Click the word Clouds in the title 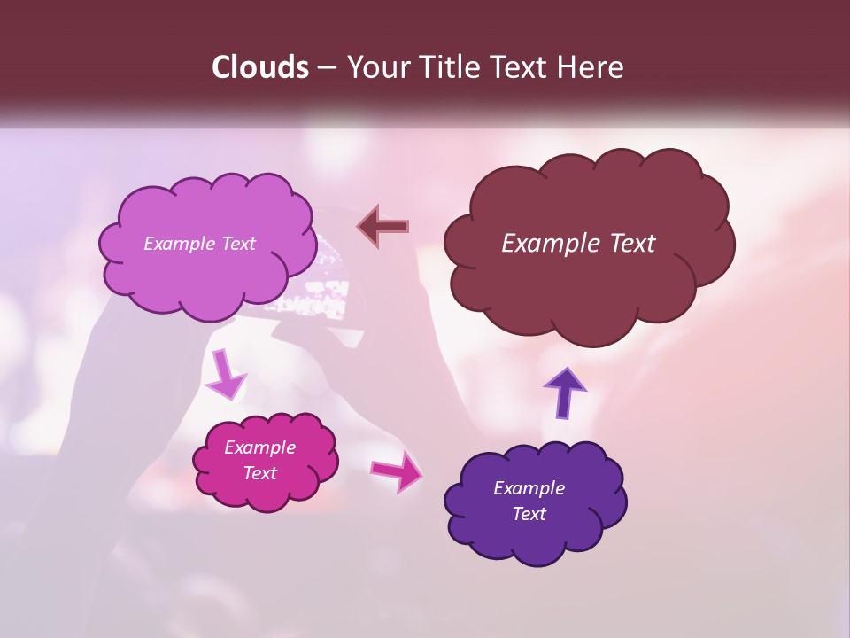[x=260, y=67]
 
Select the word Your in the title [x=375, y=67]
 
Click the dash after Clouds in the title [x=326, y=68]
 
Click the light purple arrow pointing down [x=226, y=375]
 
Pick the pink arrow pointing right [x=398, y=471]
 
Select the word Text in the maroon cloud [x=630, y=244]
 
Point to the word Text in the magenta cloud [x=260, y=473]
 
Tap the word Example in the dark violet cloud [x=529, y=488]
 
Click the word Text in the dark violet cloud [x=529, y=514]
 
